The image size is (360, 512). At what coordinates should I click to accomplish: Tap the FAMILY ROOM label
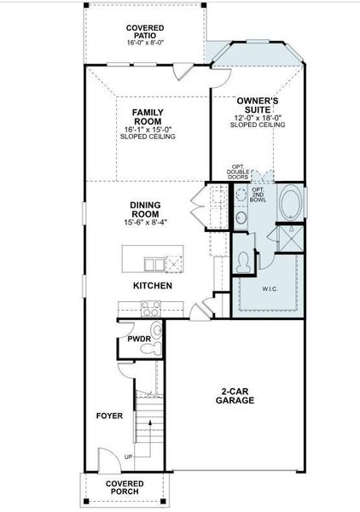[147, 116]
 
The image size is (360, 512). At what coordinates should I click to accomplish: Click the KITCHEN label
[153, 285]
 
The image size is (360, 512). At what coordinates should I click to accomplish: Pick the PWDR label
[139, 338]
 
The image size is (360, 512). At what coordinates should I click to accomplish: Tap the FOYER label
[109, 416]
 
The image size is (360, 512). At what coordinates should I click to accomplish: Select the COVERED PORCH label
[125, 487]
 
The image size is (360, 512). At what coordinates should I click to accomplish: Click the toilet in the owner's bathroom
[243, 263]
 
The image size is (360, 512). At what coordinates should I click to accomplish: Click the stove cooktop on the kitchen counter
[151, 309]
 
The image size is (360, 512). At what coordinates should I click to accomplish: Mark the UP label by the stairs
[128, 457]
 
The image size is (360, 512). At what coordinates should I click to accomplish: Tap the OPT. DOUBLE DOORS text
[239, 173]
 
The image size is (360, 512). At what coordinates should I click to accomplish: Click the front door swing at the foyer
[106, 459]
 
